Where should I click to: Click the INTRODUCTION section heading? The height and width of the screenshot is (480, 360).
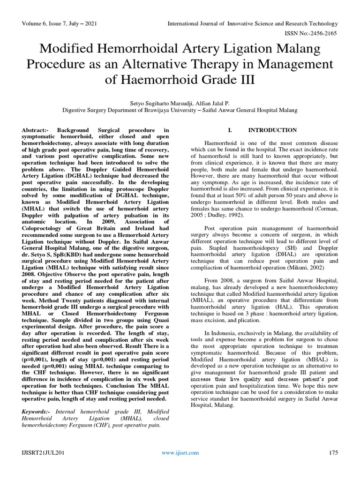click(x=272, y=130)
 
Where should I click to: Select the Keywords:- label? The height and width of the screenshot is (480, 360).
click(x=37, y=411)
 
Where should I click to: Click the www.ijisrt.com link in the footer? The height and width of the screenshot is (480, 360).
click(x=180, y=452)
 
